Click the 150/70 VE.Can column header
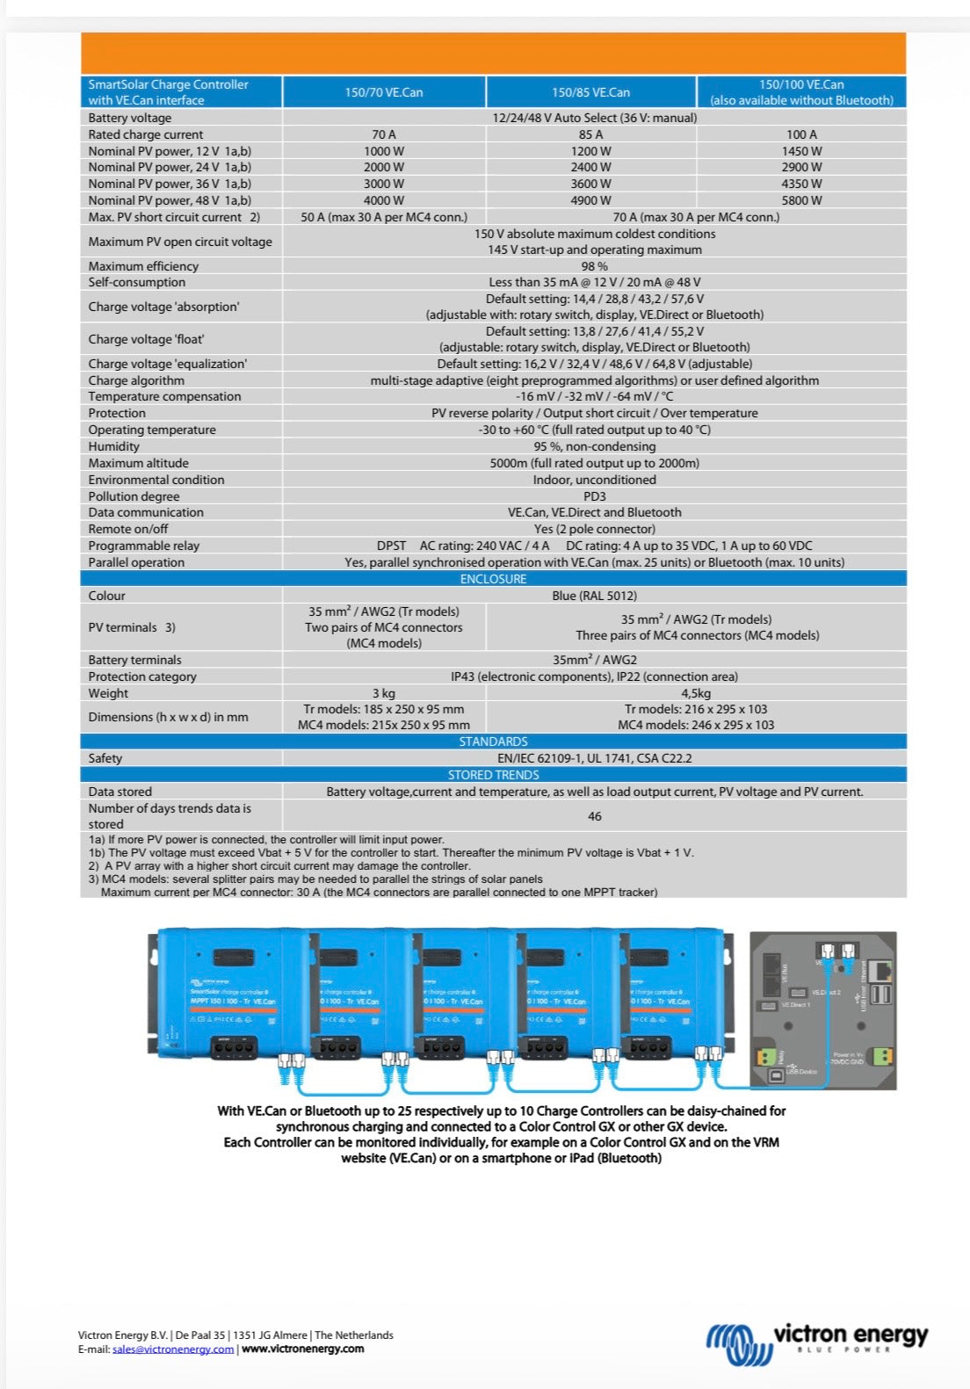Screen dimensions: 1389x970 (383, 92)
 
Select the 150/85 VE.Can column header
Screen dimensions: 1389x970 (590, 92)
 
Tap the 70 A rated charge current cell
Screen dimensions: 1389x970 (383, 134)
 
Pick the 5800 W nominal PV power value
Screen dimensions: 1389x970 (801, 200)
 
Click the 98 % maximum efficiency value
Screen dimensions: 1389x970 (594, 266)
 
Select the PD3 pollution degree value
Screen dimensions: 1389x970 (594, 496)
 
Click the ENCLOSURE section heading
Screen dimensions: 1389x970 (493, 579)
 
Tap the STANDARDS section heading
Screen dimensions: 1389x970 (493, 742)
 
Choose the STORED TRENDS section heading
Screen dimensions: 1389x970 (493, 775)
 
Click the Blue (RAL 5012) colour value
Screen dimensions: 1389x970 (594, 596)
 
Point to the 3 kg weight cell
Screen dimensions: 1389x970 (383, 693)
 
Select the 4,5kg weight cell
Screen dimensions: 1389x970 (696, 693)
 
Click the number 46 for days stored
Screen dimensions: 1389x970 (594, 816)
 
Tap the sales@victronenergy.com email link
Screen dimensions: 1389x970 (173, 1349)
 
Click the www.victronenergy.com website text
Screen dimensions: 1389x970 (302, 1349)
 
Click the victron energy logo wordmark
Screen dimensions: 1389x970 (850, 1336)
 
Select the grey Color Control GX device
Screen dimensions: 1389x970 (822, 1010)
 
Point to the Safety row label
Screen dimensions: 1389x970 (105, 758)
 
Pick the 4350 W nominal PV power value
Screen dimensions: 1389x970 (801, 184)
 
